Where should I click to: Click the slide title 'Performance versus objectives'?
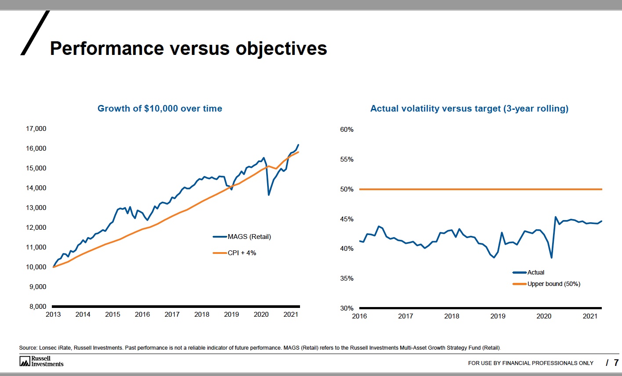188,48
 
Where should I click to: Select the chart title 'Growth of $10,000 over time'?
159,108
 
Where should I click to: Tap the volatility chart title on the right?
469,108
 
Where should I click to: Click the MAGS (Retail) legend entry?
249,237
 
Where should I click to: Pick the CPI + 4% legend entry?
241,253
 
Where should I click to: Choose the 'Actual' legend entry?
535,272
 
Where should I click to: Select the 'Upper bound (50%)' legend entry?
553,284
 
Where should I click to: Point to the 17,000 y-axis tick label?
36,129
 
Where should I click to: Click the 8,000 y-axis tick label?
38,307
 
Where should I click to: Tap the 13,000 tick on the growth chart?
36,208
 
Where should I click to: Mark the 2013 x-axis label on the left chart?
53,315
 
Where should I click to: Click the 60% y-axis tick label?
347,130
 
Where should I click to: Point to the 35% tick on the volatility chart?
347,278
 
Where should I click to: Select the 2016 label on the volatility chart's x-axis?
359,316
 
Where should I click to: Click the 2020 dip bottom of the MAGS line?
269,195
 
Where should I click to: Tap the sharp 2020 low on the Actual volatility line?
551,257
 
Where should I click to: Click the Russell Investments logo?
41,362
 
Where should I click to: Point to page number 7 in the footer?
616,362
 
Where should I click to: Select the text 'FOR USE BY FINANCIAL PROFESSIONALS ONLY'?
531,363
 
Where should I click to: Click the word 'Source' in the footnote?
28,348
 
